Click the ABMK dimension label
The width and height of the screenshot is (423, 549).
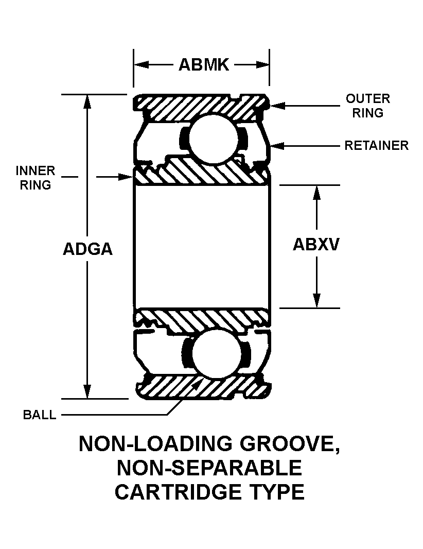tap(203, 65)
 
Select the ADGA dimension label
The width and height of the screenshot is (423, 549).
tap(87, 249)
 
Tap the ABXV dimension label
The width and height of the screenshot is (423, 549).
tap(316, 245)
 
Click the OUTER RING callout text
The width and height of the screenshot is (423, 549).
tap(367, 106)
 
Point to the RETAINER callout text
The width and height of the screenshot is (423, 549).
tap(376, 146)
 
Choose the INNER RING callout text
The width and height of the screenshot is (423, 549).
tap(36, 178)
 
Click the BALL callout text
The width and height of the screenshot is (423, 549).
tap(40, 415)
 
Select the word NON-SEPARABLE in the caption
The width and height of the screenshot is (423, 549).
tap(209, 468)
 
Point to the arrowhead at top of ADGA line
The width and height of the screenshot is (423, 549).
tap(88, 101)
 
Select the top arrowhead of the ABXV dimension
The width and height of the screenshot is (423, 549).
tap(316, 191)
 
